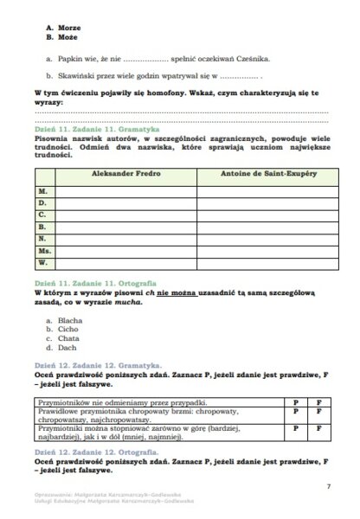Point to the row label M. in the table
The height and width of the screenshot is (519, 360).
coord(42,189)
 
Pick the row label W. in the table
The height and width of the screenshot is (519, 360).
coord(43,261)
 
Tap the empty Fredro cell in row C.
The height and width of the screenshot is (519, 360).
coord(125,214)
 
